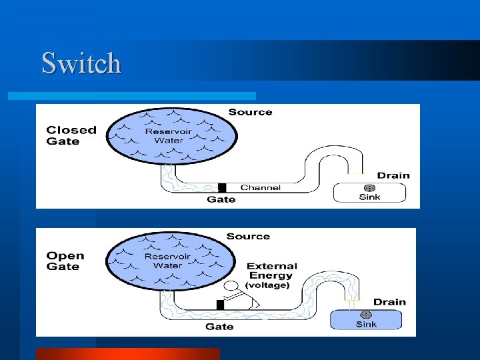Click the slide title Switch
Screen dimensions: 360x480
tap(81, 63)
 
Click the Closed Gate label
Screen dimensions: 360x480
tap(71, 135)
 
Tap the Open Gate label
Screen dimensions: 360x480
tap(65, 261)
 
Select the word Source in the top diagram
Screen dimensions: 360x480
tap(250, 112)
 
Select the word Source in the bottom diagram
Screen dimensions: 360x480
tap(248, 237)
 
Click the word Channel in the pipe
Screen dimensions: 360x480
tap(260, 187)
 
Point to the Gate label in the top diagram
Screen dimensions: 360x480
tap(221, 199)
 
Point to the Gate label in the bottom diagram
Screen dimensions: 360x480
tap(219, 326)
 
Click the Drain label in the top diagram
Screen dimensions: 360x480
tap(393, 175)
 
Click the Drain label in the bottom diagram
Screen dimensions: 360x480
tap(389, 302)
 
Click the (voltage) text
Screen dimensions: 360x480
tap(267, 285)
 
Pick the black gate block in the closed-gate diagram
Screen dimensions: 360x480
tap(223, 187)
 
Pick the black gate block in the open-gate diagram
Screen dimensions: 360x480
tap(220, 305)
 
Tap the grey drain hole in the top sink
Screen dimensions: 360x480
tap(369, 188)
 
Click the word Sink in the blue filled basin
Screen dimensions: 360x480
tap(366, 324)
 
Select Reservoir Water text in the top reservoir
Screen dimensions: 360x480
tap(168, 135)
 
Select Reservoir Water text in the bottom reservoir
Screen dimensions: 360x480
tap(167, 261)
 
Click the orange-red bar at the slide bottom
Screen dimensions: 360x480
tap(127, 353)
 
